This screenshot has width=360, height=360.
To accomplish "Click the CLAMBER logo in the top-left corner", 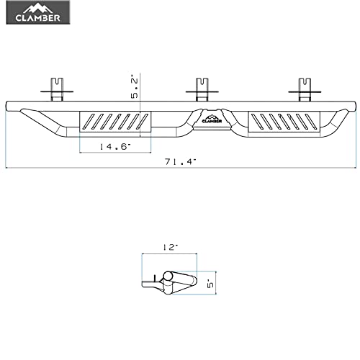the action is [x=38, y=12].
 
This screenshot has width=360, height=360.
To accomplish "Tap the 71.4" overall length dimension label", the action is [x=181, y=162].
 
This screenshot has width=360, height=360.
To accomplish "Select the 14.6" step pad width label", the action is [x=114, y=146].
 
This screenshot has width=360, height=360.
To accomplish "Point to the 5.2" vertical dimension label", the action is [x=135, y=88].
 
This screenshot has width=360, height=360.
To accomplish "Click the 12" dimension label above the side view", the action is [x=171, y=247].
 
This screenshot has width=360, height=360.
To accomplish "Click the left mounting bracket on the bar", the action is [x=57, y=89].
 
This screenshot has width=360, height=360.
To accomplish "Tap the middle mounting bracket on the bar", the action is [x=202, y=89].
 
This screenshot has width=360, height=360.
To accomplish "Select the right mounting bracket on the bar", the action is [x=305, y=89].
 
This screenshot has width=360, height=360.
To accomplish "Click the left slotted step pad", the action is [x=115, y=122].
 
